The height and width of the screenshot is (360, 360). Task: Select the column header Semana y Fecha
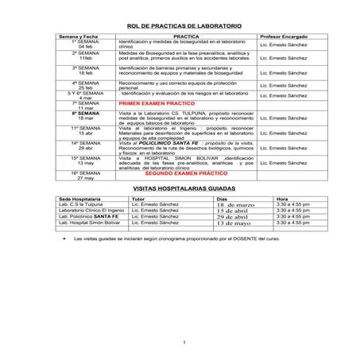tap(79, 37)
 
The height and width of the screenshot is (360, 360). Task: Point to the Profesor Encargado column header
tap(282, 37)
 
